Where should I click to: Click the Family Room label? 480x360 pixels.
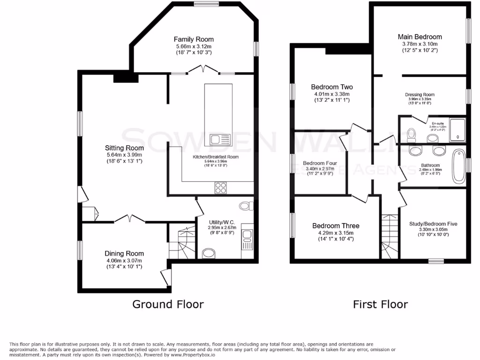click(194, 39)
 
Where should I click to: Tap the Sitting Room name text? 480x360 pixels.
click(124, 148)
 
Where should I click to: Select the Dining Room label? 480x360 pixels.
click(124, 254)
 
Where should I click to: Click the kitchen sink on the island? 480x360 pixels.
click(218, 139)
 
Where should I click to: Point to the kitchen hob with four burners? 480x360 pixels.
click(221, 187)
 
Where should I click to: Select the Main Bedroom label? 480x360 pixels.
click(420, 37)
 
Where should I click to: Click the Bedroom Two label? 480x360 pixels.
click(332, 87)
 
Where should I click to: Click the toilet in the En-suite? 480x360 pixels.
click(411, 135)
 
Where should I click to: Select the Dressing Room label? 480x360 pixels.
click(420, 95)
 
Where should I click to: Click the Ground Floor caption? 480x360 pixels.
click(168, 304)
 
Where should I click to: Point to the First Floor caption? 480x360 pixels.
click(380, 304)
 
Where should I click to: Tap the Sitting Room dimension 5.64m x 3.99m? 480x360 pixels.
click(124, 155)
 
